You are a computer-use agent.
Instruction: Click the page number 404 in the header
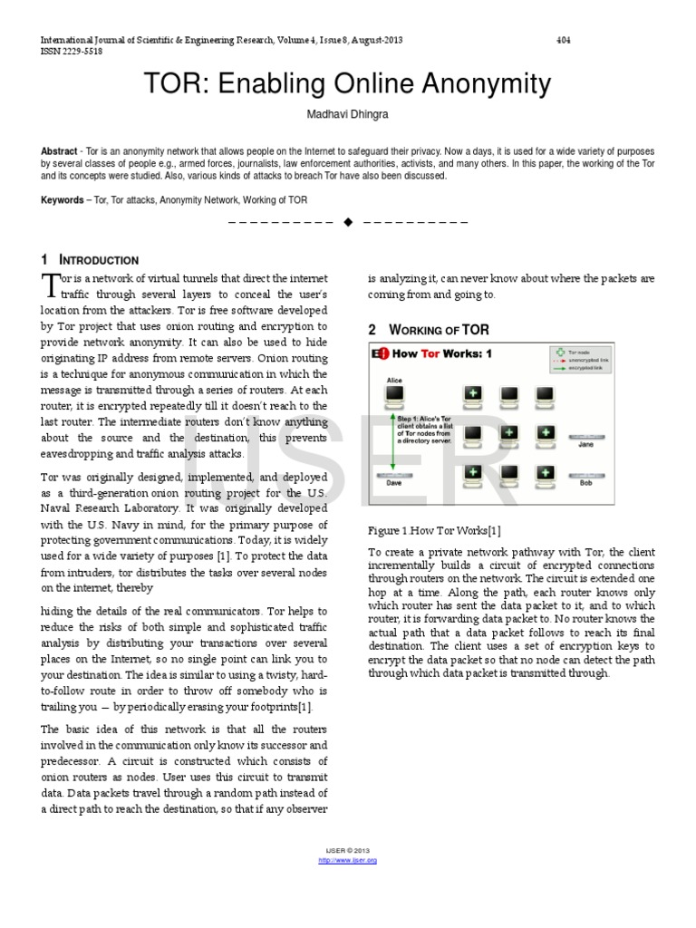563,41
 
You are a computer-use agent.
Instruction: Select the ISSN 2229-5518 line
72,52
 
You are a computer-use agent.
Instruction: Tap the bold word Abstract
58,151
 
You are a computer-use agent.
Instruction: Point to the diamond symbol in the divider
348,222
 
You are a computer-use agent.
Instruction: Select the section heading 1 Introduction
90,260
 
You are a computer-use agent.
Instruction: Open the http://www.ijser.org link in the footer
348,860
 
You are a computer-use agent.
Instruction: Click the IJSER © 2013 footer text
348,851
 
